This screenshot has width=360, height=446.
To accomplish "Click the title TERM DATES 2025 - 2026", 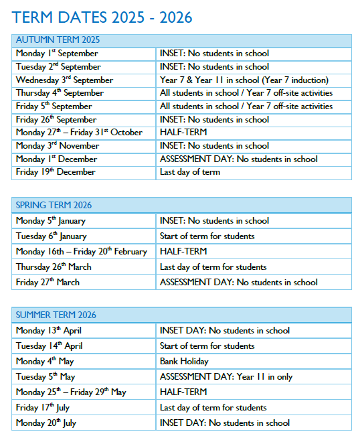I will [x=102, y=17].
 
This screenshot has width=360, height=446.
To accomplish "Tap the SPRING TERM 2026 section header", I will [x=54, y=205].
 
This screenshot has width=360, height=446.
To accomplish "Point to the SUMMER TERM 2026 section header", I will [x=56, y=315].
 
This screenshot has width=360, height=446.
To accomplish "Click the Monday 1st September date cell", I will [x=57, y=54].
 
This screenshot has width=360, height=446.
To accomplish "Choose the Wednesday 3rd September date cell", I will [x=64, y=80].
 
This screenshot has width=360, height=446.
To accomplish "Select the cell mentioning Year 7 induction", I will [x=244, y=80].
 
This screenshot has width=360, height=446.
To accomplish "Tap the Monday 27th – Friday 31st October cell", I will [x=79, y=133].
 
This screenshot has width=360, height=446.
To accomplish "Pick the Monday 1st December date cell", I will [x=56, y=159].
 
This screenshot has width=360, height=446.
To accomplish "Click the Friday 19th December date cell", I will [x=56, y=172].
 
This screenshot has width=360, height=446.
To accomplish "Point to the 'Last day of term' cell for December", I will [x=189, y=172].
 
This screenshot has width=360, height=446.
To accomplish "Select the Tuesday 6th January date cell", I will [x=51, y=236].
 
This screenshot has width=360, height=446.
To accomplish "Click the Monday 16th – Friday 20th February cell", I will [x=81, y=251].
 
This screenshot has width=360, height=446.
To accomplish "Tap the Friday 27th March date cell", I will [x=48, y=282].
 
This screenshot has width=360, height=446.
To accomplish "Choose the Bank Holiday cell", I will [x=184, y=361].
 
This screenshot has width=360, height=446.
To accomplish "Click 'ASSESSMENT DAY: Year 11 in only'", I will [x=226, y=376].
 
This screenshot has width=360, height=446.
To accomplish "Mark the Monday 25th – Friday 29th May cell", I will [x=70, y=392].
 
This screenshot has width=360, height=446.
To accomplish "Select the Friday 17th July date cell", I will [x=44, y=407].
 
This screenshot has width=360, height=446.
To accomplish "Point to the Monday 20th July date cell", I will [x=47, y=423].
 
